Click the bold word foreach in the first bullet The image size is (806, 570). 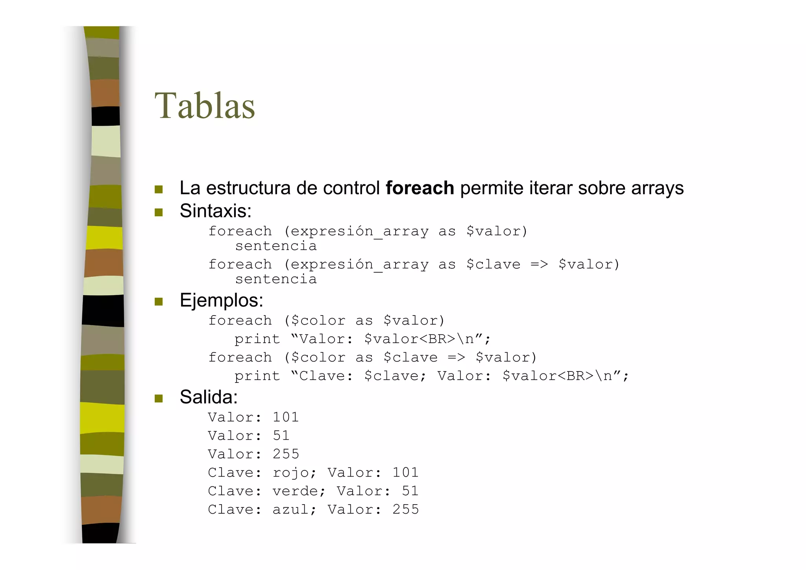point(420,188)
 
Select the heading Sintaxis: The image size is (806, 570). point(215,211)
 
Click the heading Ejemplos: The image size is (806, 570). point(221,301)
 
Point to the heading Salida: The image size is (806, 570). point(209,397)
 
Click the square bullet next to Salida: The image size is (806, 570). point(159,398)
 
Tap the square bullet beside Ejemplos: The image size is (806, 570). point(159,302)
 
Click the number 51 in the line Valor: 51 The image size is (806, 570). point(281,436)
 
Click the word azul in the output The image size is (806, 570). point(290,510)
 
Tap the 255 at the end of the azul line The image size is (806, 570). point(405,510)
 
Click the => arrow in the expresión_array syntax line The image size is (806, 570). point(539,264)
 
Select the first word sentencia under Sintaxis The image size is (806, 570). point(276,246)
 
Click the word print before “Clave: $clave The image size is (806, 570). point(257,376)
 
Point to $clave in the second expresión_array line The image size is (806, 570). point(493,264)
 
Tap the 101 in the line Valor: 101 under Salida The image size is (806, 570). point(286,417)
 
